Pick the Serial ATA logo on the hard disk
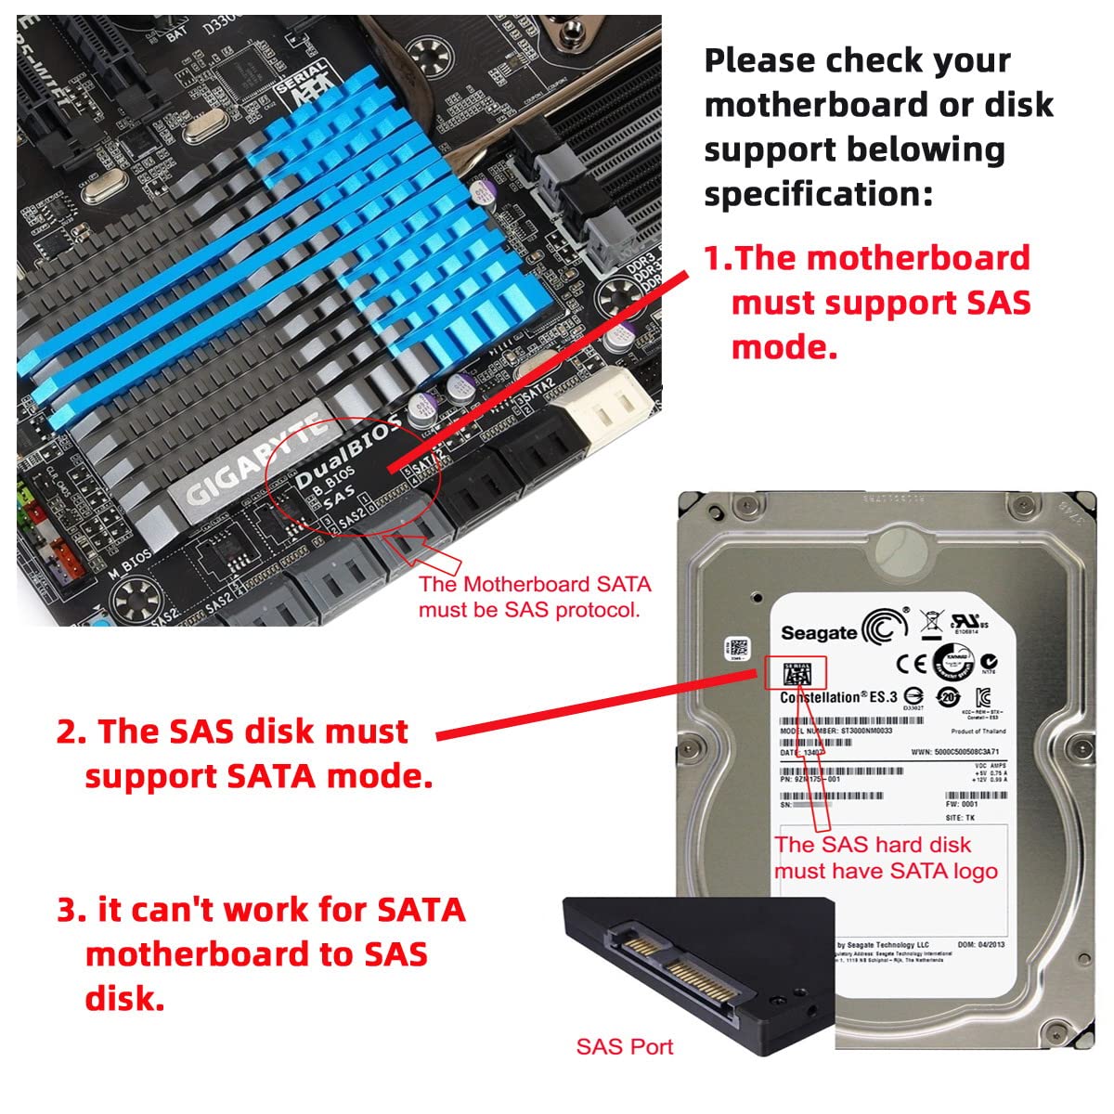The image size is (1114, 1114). [797, 674]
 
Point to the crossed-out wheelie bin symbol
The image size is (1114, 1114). [930, 622]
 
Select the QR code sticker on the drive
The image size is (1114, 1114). [739, 647]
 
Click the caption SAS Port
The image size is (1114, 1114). [624, 1047]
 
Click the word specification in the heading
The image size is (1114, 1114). [818, 194]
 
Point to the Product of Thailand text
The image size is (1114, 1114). [978, 732]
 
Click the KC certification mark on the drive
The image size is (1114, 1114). [983, 697]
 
